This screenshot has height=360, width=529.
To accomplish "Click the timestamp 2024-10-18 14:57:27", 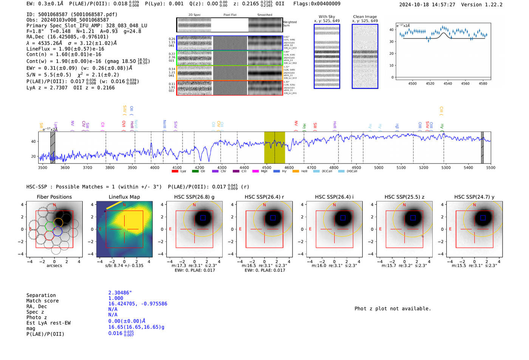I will pos(427,5).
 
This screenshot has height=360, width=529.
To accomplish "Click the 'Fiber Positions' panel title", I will pos(54,197).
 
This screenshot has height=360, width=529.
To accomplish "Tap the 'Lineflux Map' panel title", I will pos(124,197).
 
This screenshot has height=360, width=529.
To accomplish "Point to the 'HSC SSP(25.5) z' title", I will pos(404,197).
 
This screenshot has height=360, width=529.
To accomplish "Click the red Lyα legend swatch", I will pos(175,171).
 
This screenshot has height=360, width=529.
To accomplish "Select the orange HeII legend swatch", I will pos(295,171).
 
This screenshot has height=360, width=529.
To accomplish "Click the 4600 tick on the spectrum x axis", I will pos(289,167).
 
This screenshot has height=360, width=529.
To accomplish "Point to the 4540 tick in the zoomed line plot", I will pos(448,83).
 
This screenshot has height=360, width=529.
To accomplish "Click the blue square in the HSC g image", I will pos(203,218).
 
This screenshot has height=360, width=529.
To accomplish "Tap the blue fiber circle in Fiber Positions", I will pos(57,231).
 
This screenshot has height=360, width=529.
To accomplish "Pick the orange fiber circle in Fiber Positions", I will pos(58,222).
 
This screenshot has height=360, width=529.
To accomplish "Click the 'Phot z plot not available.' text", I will pos(393,309).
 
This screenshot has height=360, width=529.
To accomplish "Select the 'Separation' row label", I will pos(41,295).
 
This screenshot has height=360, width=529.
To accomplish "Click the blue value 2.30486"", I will pos(120,293).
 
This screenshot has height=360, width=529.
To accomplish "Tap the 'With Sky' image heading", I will pos(327,17).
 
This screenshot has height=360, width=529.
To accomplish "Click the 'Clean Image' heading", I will pos(365,17).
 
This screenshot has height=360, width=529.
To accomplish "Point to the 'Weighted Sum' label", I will pos(290,24).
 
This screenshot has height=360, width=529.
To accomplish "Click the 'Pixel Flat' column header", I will pos(230,15).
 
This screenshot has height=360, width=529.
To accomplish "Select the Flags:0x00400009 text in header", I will pos(317,4).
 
